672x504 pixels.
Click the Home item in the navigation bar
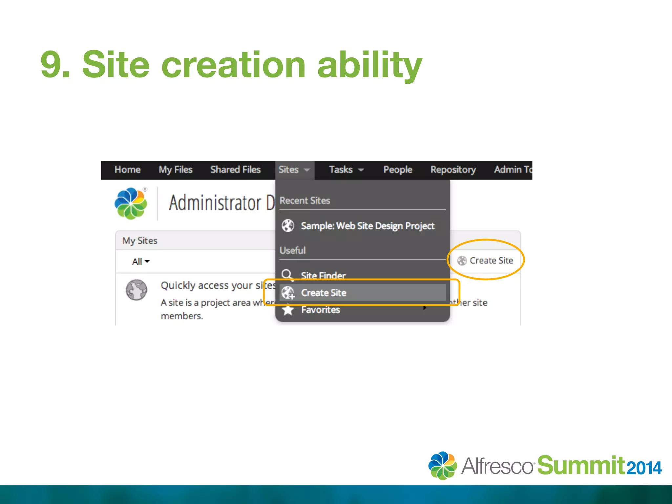tap(127, 170)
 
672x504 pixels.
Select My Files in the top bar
tap(176, 170)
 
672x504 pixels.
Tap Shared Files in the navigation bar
tap(235, 170)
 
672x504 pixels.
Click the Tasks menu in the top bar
tap(346, 170)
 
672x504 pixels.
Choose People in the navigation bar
tap(398, 170)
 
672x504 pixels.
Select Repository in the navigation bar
tap(453, 170)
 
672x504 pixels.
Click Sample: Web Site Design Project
tap(367, 226)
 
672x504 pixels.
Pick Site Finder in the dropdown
tap(323, 275)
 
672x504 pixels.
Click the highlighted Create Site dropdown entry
tap(324, 292)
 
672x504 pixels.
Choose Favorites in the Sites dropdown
tap(321, 310)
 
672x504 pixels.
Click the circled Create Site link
tap(491, 261)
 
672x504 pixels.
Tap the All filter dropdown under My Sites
tap(140, 262)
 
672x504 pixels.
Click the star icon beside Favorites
tap(288, 310)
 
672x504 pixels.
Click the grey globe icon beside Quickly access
tap(136, 290)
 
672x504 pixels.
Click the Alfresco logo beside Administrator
tap(131, 203)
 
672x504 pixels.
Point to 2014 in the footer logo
tap(644, 468)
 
